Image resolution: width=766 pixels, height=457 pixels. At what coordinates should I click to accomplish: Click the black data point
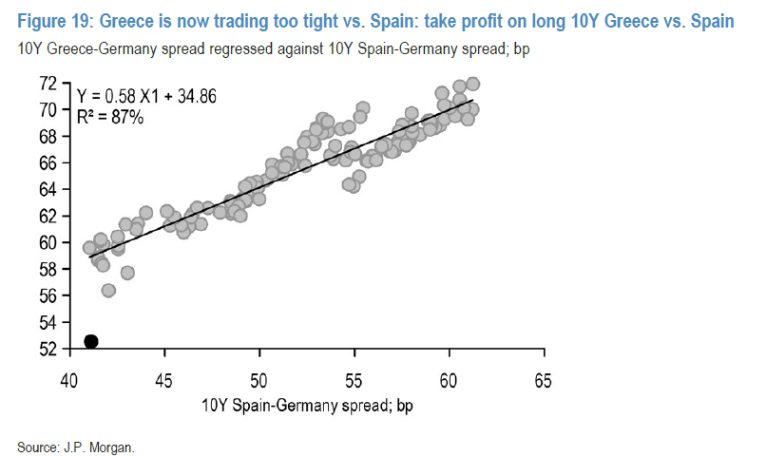[x=91, y=341]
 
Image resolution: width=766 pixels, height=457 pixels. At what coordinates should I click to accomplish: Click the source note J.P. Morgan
[x=78, y=444]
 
